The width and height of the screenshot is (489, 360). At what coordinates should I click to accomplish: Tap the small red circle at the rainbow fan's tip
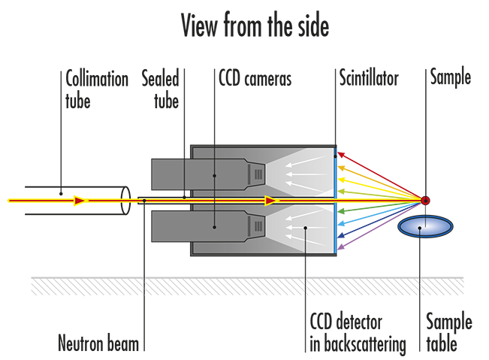point(425,200)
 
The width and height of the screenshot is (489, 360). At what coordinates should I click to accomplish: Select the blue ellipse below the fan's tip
point(425,226)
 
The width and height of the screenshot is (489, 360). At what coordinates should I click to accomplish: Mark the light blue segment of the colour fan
point(361,218)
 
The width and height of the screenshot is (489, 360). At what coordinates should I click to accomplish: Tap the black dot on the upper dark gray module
point(215,175)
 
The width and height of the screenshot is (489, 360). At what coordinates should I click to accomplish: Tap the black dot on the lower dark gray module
point(215,225)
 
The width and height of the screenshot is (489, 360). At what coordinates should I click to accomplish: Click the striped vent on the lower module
point(258,225)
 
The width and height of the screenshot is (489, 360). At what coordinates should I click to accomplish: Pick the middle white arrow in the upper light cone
point(300,174)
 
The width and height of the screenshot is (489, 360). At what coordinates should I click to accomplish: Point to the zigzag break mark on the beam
point(128,201)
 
